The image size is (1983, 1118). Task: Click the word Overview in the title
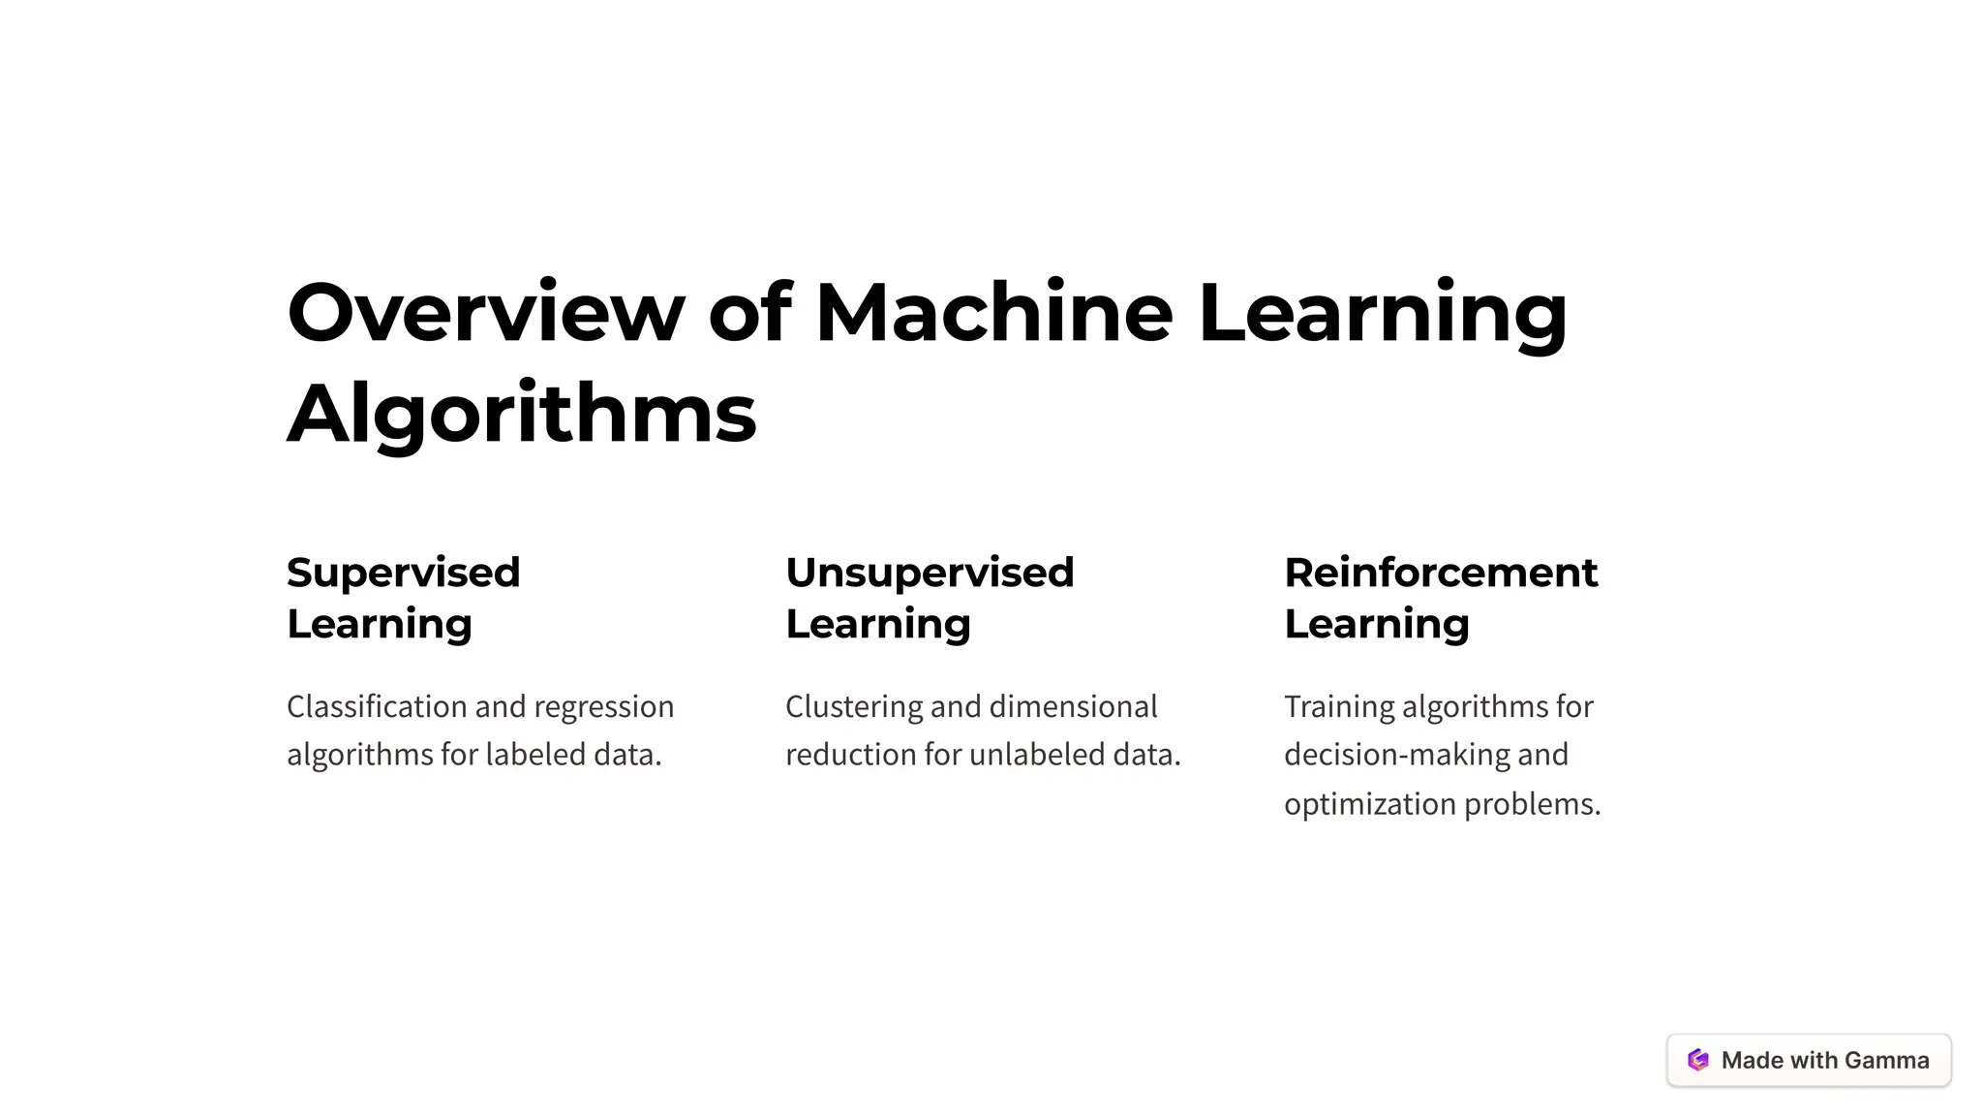click(485, 313)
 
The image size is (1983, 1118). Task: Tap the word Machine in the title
click(993, 313)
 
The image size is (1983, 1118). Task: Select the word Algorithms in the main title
click(521, 414)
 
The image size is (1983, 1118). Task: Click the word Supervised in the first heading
click(403, 573)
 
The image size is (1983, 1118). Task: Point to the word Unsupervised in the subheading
click(930, 573)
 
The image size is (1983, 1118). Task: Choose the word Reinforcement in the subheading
click(1441, 573)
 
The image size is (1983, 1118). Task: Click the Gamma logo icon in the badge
click(1698, 1060)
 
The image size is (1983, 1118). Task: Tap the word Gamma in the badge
click(1886, 1061)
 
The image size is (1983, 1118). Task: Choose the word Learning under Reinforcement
click(1377, 625)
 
